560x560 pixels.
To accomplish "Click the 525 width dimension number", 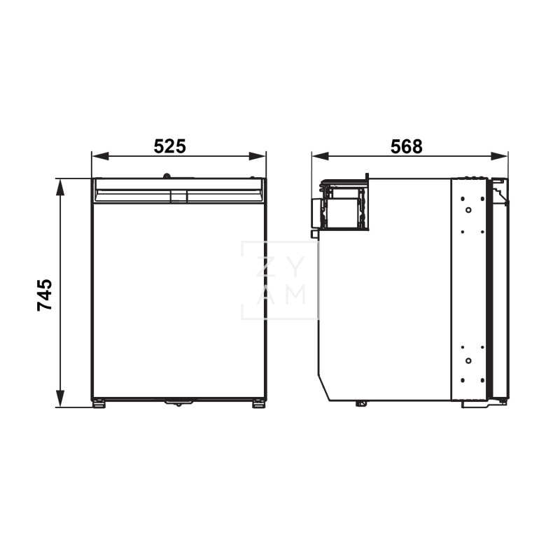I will [x=169, y=146].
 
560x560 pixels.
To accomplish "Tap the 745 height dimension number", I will [x=43, y=295].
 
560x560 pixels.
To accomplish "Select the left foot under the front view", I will [x=99, y=403].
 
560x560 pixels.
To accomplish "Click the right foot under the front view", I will [x=258, y=403].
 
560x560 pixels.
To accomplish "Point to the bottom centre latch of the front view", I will [x=178, y=402].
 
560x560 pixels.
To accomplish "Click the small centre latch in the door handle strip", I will [x=178, y=197].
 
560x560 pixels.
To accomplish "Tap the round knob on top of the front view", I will [x=167, y=176].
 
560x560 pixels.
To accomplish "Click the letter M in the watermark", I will [x=296, y=296].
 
